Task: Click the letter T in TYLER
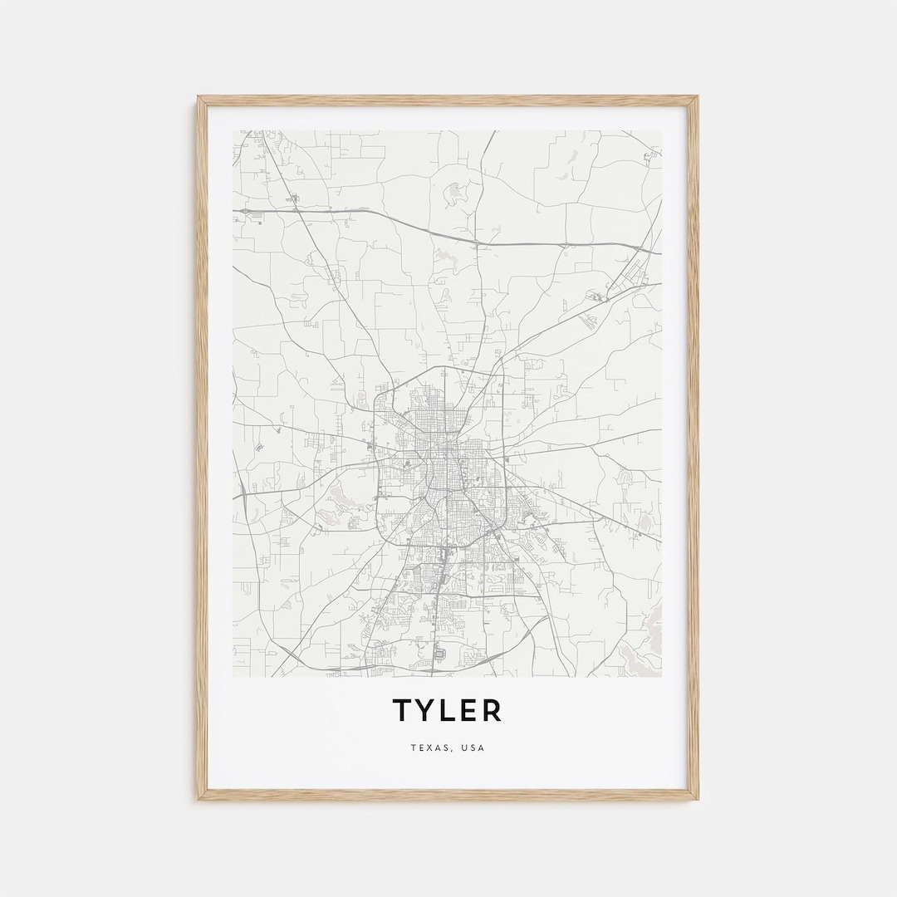[402, 710]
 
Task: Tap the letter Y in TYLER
[424, 710]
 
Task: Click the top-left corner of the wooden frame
[199, 98]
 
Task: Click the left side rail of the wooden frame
[202, 448]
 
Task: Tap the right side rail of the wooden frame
[693, 448]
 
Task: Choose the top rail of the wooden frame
[448, 100]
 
